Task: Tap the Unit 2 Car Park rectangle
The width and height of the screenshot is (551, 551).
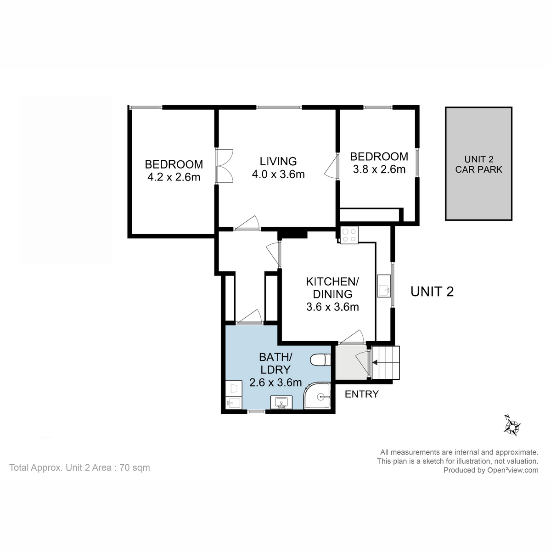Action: pyautogui.click(x=478, y=164)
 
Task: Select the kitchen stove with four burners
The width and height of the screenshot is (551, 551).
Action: pyautogui.click(x=349, y=235)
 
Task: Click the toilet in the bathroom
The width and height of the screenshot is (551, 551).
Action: pyautogui.click(x=320, y=360)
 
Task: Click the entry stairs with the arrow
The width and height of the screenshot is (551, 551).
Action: pyautogui.click(x=386, y=363)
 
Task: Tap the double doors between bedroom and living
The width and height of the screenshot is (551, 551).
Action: pyautogui.click(x=224, y=166)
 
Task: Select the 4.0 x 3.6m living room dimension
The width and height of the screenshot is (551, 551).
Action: pyautogui.click(x=278, y=174)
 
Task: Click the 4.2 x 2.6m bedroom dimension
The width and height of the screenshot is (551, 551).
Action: pyautogui.click(x=174, y=177)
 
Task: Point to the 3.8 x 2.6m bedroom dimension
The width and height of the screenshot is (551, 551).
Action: pyautogui.click(x=379, y=169)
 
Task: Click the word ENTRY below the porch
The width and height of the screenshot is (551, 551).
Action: pyautogui.click(x=362, y=394)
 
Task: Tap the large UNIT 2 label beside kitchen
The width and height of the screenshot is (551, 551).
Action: pyautogui.click(x=432, y=292)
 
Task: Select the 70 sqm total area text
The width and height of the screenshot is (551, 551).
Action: pyautogui.click(x=135, y=468)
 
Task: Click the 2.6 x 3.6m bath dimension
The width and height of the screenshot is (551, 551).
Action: pyautogui.click(x=275, y=382)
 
